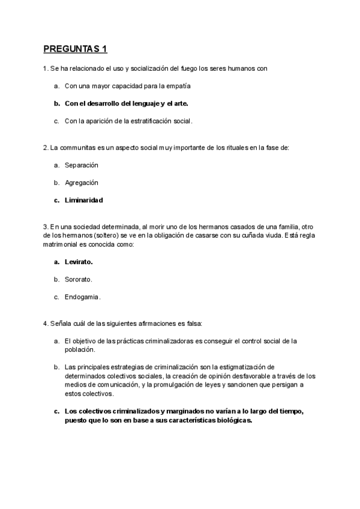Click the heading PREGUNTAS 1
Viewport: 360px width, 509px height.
coord(75,49)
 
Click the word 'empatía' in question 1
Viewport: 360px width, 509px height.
coord(169,86)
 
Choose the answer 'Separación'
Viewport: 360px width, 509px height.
coord(81,164)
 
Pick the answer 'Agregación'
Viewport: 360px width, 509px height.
coord(81,182)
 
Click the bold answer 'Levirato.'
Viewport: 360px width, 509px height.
coord(79,262)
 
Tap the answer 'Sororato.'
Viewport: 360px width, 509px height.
coord(78,279)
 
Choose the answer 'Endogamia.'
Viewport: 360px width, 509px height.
coord(82,297)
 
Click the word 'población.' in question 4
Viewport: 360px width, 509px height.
coord(80,349)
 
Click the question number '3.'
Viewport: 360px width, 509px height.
coord(46,226)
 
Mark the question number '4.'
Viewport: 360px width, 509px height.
coord(46,324)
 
